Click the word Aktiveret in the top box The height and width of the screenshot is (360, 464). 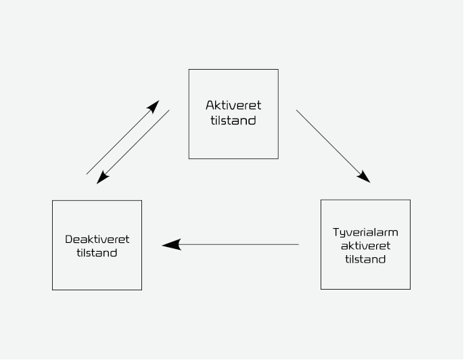click(x=233, y=106)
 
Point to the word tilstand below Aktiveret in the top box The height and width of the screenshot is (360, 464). click(x=233, y=121)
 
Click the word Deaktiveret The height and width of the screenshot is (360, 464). click(x=97, y=240)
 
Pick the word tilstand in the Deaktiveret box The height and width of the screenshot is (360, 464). click(x=97, y=253)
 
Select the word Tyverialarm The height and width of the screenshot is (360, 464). click(x=365, y=232)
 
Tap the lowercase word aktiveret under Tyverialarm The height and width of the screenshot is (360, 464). click(x=365, y=246)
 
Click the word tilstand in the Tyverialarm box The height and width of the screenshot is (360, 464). click(x=365, y=259)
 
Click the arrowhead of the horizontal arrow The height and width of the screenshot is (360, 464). click(x=171, y=244)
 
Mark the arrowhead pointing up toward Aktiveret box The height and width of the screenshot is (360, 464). click(x=154, y=106)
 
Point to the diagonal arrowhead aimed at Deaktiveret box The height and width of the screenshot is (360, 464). click(x=102, y=178)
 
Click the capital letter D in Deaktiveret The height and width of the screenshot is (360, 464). click(x=68, y=240)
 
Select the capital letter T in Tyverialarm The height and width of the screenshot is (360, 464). click(x=335, y=232)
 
